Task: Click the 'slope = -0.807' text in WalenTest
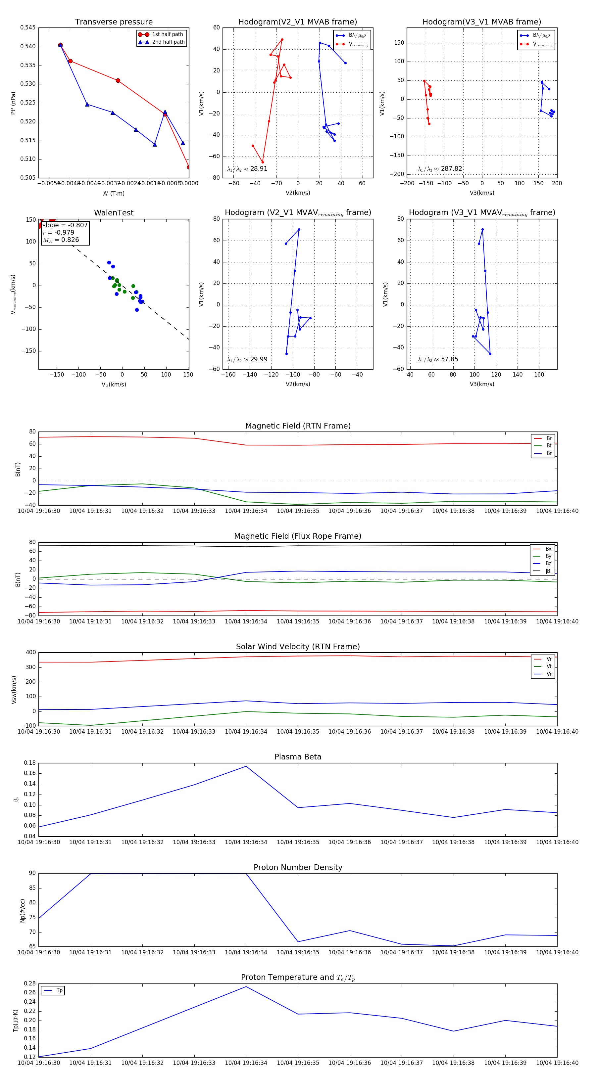(65, 225)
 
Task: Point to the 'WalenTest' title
(114, 213)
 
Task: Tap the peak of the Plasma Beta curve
(246, 766)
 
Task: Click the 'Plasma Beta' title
(298, 757)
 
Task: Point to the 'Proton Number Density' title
(298, 867)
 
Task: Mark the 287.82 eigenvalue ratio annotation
(451, 169)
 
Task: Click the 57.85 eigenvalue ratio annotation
(449, 359)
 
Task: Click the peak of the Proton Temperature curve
(246, 987)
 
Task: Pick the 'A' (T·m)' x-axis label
(114, 193)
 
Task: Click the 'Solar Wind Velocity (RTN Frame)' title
(298, 647)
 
